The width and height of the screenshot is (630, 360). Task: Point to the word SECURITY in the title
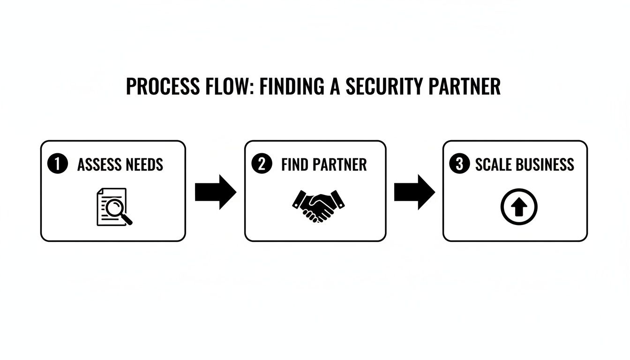(x=384, y=87)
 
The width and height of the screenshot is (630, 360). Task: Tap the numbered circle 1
(x=58, y=164)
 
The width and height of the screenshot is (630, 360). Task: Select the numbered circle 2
(x=262, y=164)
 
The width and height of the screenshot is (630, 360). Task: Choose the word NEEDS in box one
(x=143, y=165)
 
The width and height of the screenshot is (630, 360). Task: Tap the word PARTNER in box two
(x=339, y=165)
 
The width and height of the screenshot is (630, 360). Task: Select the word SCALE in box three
(x=494, y=165)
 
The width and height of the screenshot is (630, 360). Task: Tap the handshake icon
(x=318, y=205)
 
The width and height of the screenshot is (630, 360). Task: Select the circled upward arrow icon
(x=518, y=208)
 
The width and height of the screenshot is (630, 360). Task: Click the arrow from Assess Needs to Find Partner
(x=215, y=192)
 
